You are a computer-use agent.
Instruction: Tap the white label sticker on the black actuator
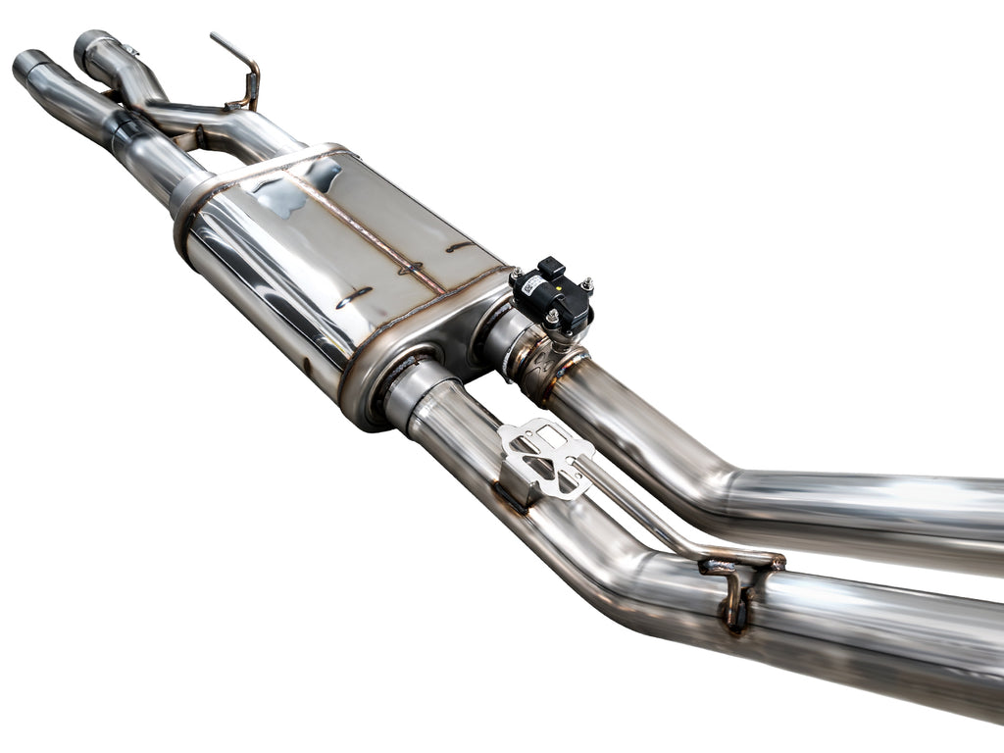click(532, 285)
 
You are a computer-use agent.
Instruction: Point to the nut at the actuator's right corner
click(587, 284)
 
